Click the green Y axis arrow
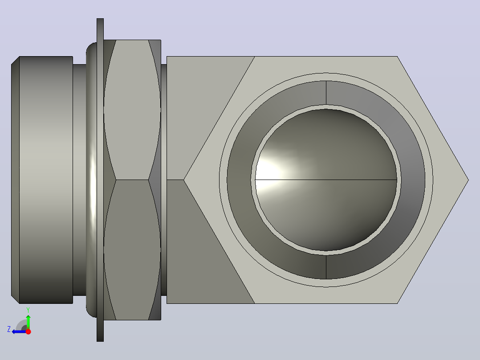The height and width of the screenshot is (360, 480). coord(28,322)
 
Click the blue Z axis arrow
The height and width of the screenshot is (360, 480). coord(19,331)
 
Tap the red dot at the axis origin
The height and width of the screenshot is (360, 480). coord(28,331)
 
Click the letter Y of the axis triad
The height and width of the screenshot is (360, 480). coord(28,310)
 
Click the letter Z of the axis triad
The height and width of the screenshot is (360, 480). coord(9,329)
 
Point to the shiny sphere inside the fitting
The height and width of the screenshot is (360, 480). coord(326,180)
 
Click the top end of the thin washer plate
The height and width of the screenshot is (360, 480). coord(100,19)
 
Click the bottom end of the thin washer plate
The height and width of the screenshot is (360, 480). coord(100,341)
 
